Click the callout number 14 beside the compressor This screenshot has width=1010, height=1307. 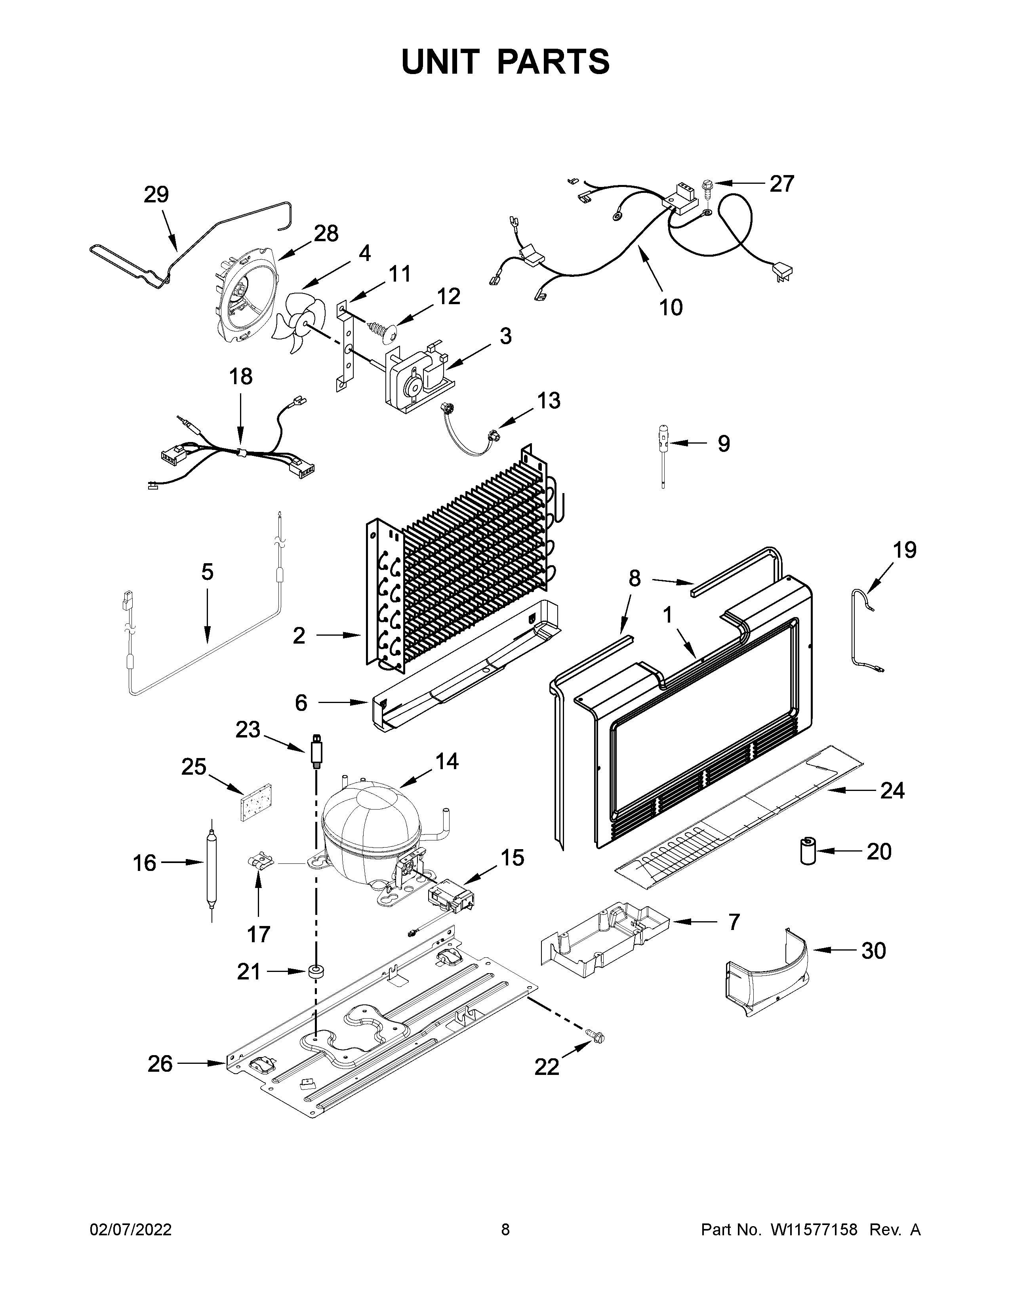[446, 762]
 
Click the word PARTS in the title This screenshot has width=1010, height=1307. [553, 62]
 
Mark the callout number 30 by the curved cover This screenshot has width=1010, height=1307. [874, 950]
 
